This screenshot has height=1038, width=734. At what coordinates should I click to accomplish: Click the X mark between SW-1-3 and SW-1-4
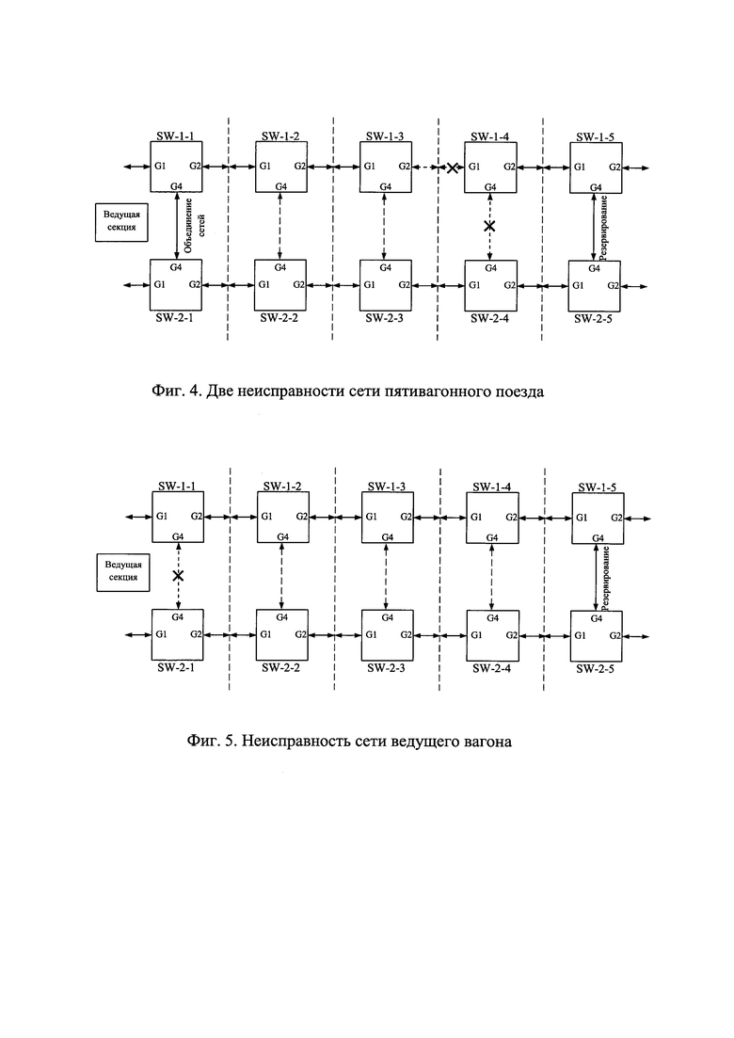(x=452, y=168)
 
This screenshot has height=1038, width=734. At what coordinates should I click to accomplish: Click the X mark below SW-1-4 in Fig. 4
(x=489, y=227)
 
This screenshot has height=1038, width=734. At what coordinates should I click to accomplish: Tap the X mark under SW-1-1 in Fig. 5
(x=177, y=575)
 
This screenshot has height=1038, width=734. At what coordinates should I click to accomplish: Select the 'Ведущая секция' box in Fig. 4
(x=121, y=222)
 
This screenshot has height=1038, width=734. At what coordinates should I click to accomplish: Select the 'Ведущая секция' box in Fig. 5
(x=123, y=572)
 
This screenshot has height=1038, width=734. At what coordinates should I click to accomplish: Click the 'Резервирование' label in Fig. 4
(x=604, y=227)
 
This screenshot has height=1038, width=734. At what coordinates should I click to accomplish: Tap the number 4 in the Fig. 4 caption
(x=193, y=391)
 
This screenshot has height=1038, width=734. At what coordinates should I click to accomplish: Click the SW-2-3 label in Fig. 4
(x=385, y=318)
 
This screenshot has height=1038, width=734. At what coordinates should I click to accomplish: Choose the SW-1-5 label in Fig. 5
(x=597, y=487)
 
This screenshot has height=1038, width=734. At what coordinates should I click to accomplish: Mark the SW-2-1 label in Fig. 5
(x=176, y=667)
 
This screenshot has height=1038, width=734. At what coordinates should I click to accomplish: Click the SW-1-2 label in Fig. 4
(x=280, y=136)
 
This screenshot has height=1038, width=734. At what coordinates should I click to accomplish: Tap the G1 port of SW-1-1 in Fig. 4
(x=160, y=166)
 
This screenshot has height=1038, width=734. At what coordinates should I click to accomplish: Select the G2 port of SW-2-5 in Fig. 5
(x=614, y=635)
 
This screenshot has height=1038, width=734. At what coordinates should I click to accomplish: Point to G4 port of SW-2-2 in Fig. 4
(x=280, y=267)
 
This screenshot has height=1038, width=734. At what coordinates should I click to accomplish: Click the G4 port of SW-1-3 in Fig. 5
(x=388, y=536)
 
